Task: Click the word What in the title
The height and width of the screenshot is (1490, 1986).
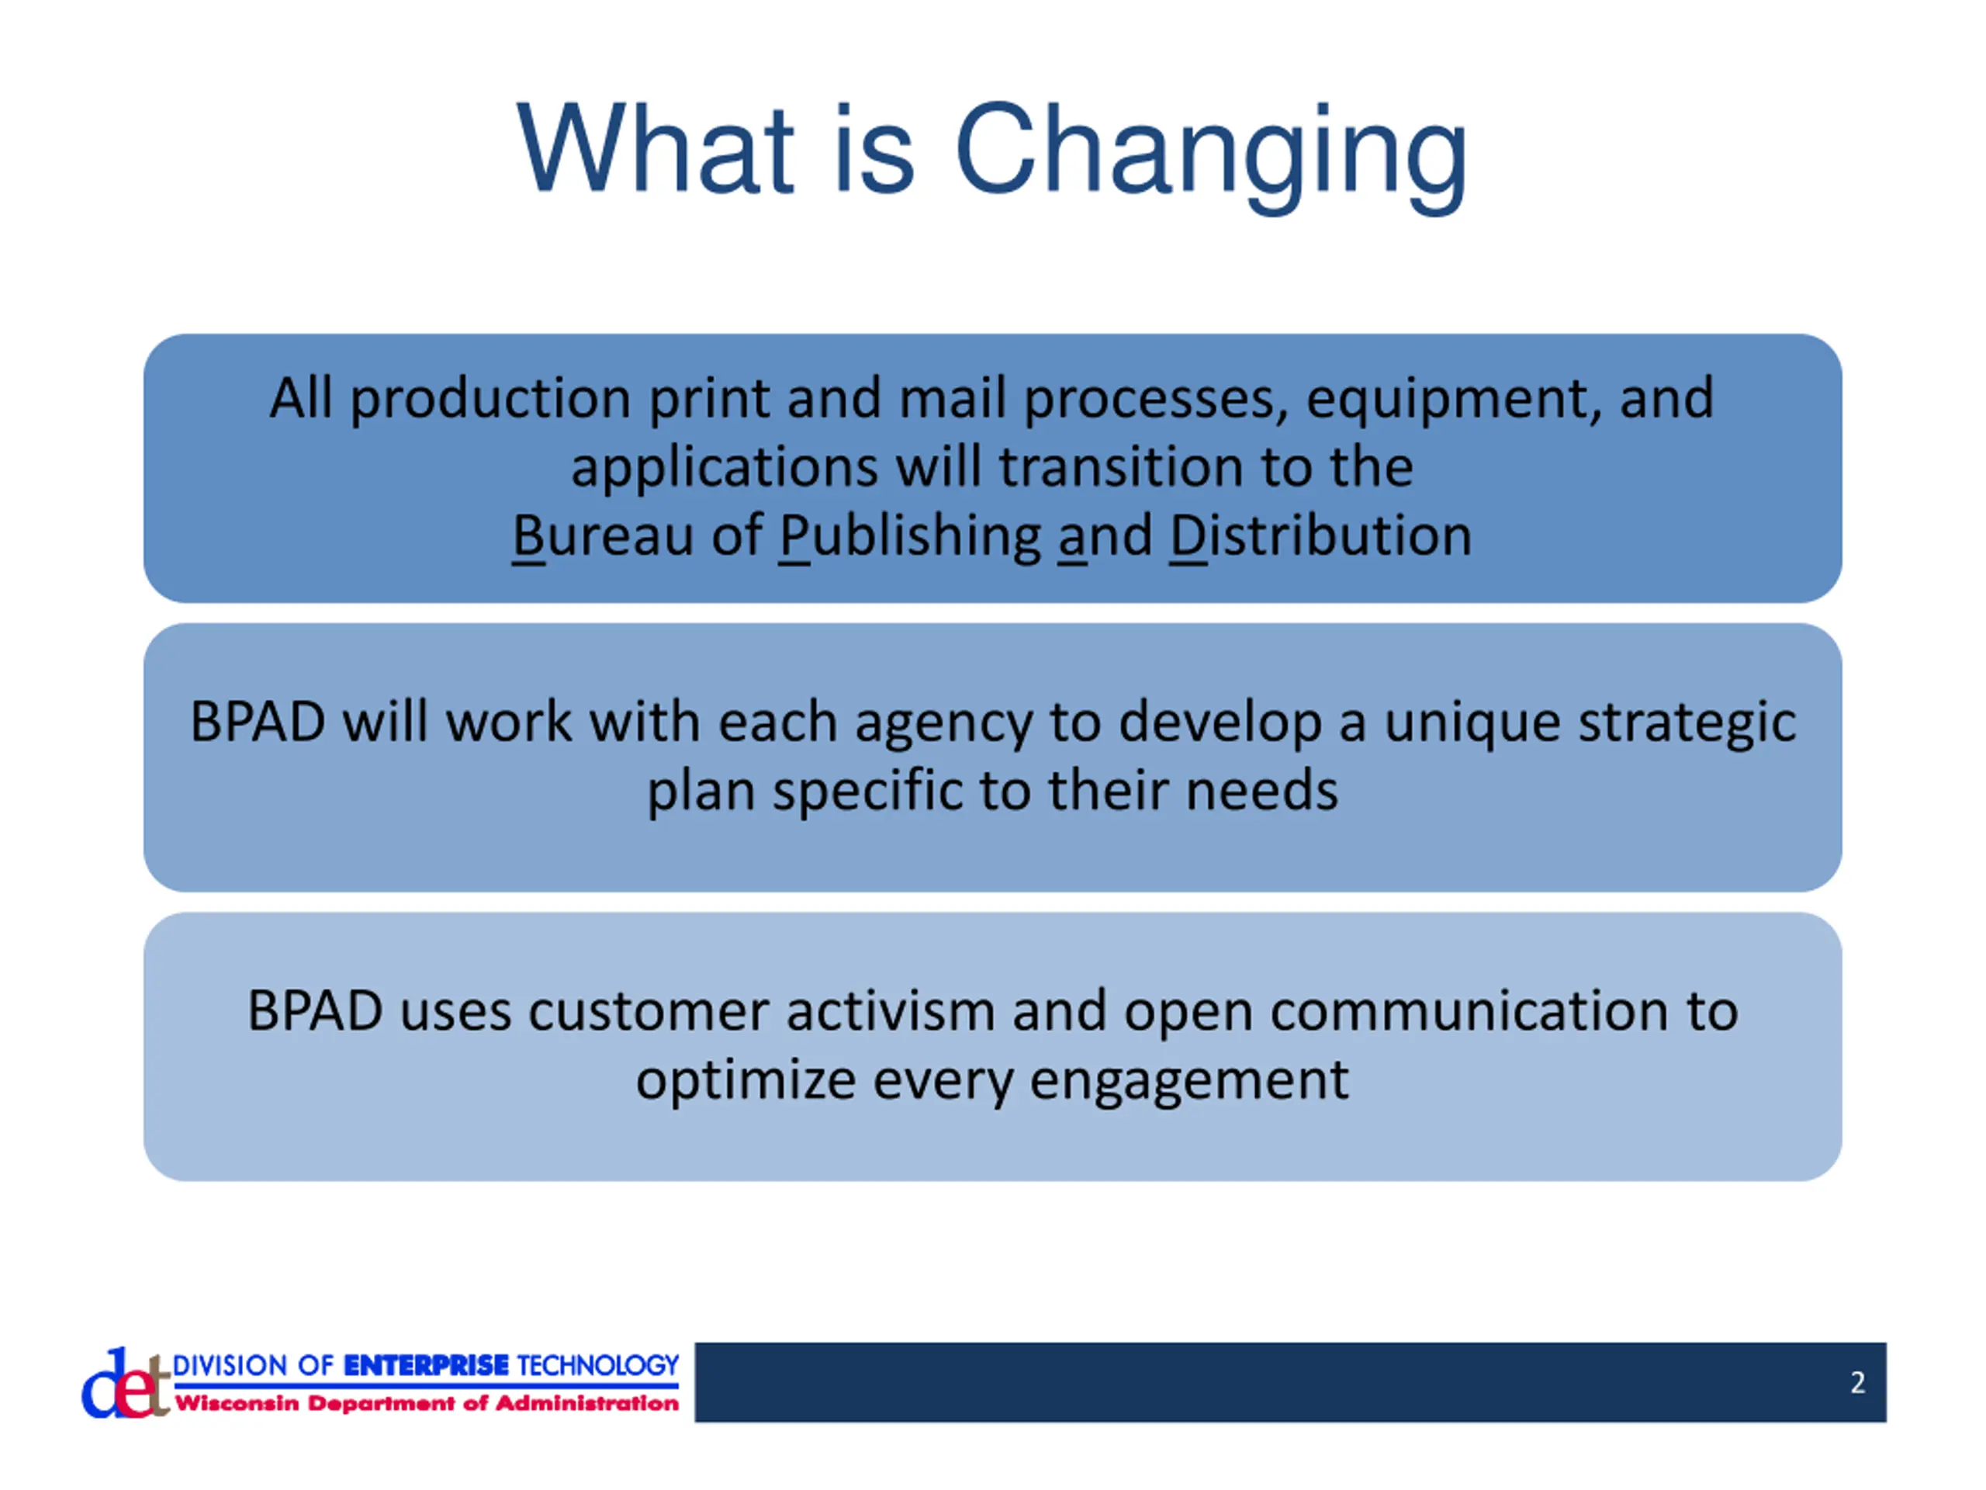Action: [656, 147]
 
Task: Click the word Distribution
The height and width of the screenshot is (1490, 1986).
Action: [1320, 536]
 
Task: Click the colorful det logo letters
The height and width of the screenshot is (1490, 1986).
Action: [126, 1384]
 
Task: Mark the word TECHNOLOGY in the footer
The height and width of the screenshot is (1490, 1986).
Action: [598, 1365]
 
